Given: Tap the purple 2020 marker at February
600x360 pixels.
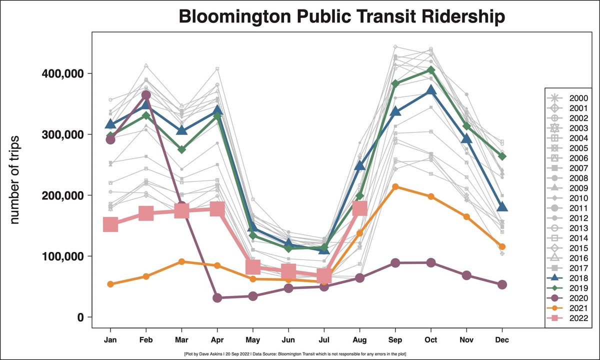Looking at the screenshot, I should click(146, 95).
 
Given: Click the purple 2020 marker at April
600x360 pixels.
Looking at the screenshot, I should click(217, 298).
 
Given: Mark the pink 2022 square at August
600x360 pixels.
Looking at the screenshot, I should click(359, 208).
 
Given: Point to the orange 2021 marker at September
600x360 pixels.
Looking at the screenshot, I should click(395, 186).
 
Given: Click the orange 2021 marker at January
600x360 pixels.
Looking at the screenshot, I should click(110, 284).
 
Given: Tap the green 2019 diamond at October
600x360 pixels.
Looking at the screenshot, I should click(431, 70).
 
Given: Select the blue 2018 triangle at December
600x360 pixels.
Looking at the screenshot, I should click(502, 207).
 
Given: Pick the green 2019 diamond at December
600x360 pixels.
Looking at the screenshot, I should click(502, 156).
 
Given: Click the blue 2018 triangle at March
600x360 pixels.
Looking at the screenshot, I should click(181, 130).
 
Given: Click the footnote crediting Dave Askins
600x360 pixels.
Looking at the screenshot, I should click(295, 354).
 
